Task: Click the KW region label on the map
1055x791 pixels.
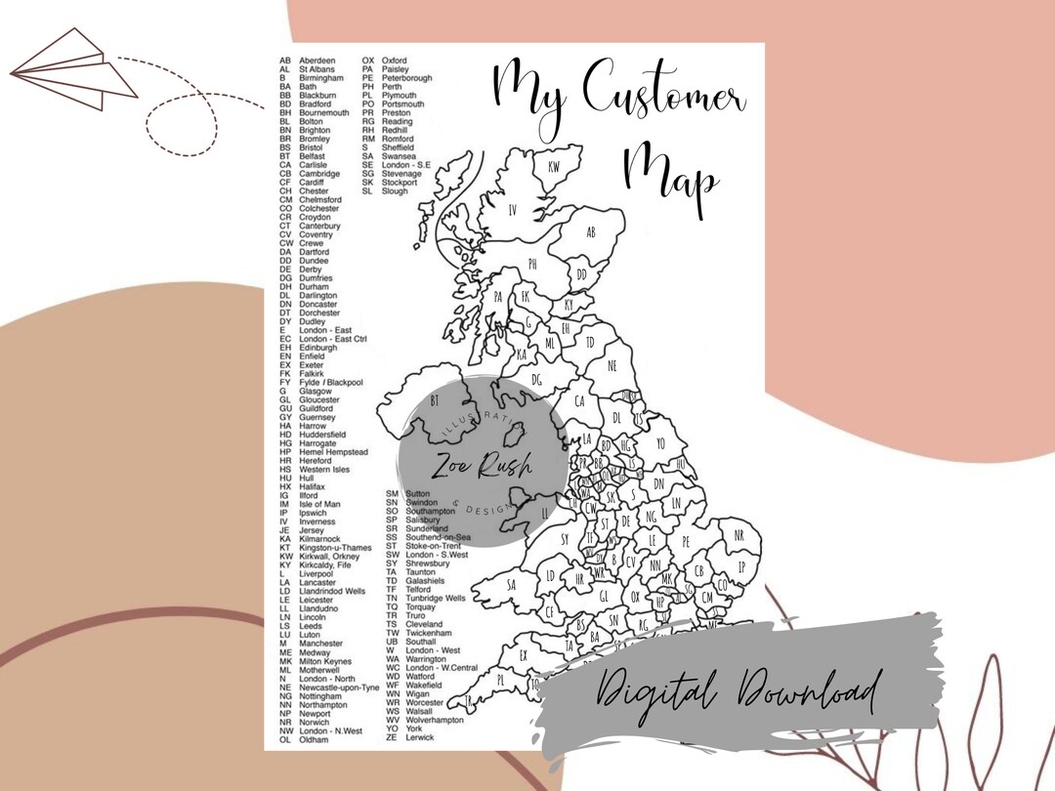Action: [554, 167]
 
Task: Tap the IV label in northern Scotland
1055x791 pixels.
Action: [512, 210]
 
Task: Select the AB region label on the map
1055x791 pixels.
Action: [591, 232]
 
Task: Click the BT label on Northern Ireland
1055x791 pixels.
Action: [436, 401]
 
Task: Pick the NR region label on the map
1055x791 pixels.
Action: [738, 536]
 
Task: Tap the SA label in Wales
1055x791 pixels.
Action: [510, 585]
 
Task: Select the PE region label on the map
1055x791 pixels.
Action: [686, 541]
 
